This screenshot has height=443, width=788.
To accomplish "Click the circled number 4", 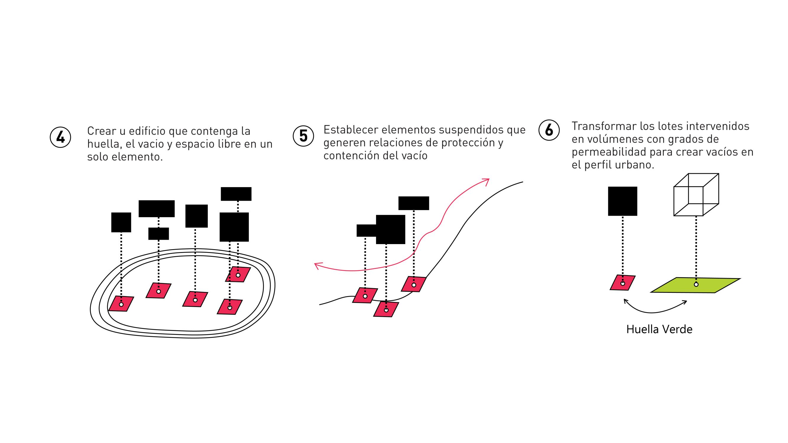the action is pyautogui.click(x=60, y=137).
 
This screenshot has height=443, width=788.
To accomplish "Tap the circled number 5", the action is pyautogui.click(x=303, y=136).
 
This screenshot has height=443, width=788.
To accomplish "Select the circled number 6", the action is pyautogui.click(x=549, y=130).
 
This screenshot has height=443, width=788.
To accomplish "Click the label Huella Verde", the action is pyautogui.click(x=659, y=330).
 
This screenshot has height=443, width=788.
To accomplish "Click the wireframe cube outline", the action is pyautogui.click(x=696, y=194).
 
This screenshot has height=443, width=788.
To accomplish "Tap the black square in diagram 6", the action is pyautogui.click(x=622, y=201).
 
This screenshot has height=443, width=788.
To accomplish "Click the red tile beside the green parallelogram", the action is pyautogui.click(x=622, y=283).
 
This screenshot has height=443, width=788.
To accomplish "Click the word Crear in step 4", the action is pyautogui.click(x=101, y=131).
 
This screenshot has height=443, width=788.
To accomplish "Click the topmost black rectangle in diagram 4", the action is pyautogui.click(x=236, y=194).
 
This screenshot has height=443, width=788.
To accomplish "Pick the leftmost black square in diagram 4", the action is pyautogui.click(x=121, y=222).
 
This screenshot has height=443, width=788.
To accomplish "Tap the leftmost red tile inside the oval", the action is pyautogui.click(x=121, y=304).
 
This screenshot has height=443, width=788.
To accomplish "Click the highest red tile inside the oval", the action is pyautogui.click(x=238, y=275).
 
